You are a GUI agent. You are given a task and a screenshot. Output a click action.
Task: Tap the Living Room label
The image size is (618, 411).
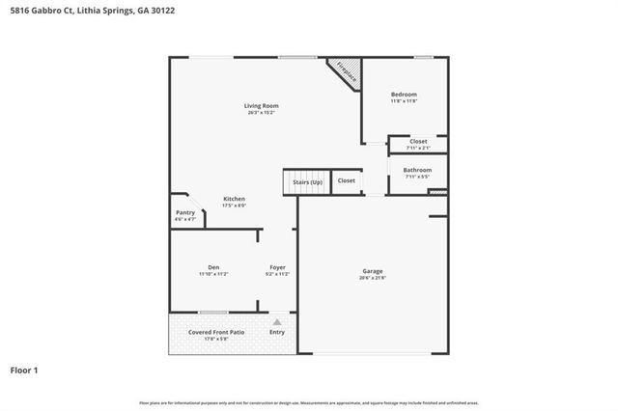(261, 105)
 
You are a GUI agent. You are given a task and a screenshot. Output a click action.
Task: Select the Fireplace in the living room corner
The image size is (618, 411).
(344, 71)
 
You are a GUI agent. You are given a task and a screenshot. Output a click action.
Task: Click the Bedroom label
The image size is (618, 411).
(404, 94)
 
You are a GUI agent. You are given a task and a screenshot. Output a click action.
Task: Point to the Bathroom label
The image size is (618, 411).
(418, 170)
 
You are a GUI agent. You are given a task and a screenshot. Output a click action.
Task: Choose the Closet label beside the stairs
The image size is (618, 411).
(346, 180)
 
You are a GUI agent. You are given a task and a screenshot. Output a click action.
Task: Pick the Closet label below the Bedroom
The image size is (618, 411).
(418, 142)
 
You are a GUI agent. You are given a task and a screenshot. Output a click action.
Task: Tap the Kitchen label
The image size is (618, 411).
(235, 199)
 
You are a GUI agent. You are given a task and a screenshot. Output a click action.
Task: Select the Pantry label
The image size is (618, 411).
(185, 213)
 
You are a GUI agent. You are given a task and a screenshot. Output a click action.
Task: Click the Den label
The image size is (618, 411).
(213, 267)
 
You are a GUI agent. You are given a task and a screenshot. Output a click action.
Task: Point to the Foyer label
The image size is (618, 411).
(277, 267)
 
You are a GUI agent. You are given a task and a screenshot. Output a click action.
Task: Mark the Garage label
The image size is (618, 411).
(372, 271)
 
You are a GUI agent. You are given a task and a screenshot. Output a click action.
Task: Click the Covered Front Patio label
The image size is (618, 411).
(216, 332)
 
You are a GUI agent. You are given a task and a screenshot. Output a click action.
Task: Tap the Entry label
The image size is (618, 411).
(277, 332)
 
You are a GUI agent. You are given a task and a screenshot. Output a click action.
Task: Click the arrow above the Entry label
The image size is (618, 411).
(277, 321)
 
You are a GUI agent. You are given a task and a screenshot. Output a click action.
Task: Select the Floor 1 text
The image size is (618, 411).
(24, 370)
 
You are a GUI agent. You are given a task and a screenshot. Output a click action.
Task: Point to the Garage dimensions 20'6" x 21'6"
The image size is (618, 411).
(372, 279)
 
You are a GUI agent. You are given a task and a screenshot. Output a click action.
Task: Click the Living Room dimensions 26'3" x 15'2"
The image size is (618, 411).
(261, 113)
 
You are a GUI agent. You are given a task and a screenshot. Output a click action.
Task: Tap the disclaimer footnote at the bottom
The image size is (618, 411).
(309, 401)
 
